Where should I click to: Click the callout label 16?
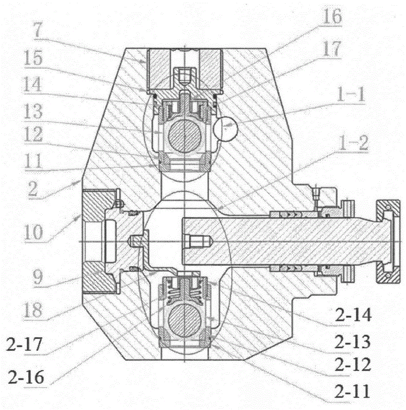pyautogui.click(x=332, y=16)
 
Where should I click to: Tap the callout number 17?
pyautogui.click(x=332, y=49)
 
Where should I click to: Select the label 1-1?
pyautogui.click(x=351, y=94)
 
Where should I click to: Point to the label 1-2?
pyautogui.click(x=354, y=143)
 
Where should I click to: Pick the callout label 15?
pyautogui.click(x=33, y=58)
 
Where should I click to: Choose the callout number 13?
pyautogui.click(x=33, y=111)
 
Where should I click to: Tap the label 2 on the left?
pyautogui.click(x=33, y=188)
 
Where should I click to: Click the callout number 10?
pyautogui.click(x=33, y=232)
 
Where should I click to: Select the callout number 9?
pyautogui.click(x=38, y=277)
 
